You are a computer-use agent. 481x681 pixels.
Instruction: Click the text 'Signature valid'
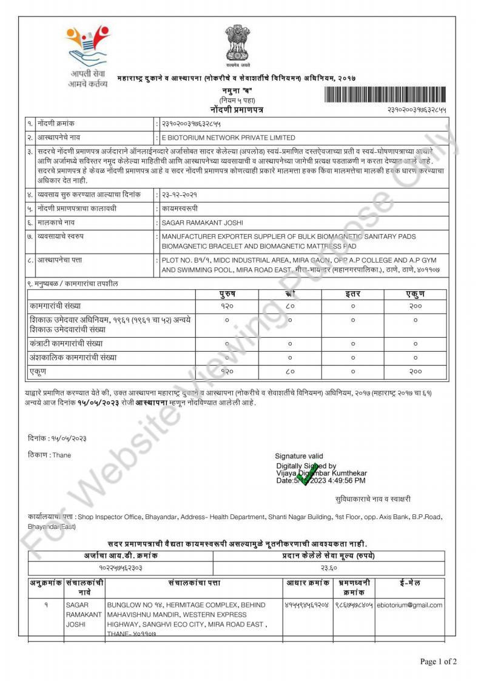point(299,456)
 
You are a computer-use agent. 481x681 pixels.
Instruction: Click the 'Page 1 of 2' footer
point(439,661)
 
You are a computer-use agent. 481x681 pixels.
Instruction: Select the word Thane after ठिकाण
point(61,455)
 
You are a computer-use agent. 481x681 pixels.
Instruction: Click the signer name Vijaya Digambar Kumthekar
point(321,473)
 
